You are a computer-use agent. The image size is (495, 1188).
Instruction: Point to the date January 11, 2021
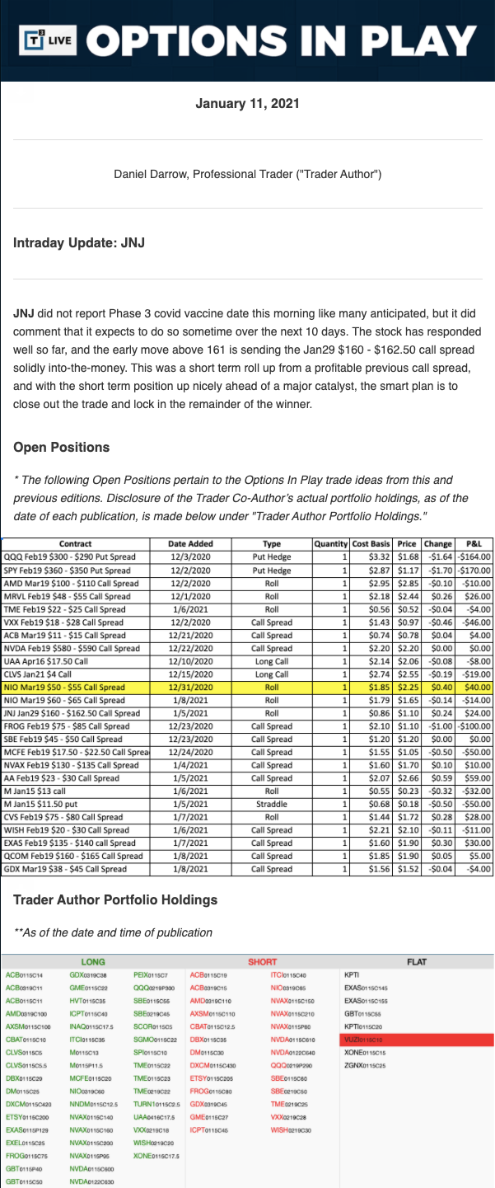point(247,104)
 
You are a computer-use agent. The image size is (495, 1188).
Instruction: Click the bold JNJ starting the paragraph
point(24,315)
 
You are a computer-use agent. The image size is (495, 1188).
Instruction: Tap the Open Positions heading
point(62,447)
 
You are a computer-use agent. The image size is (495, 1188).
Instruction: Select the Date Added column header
point(190,543)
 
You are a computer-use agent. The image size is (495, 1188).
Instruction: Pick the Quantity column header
point(332,543)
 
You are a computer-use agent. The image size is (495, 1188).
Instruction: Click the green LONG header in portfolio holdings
point(93,961)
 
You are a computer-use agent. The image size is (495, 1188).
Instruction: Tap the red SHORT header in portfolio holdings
point(262,961)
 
